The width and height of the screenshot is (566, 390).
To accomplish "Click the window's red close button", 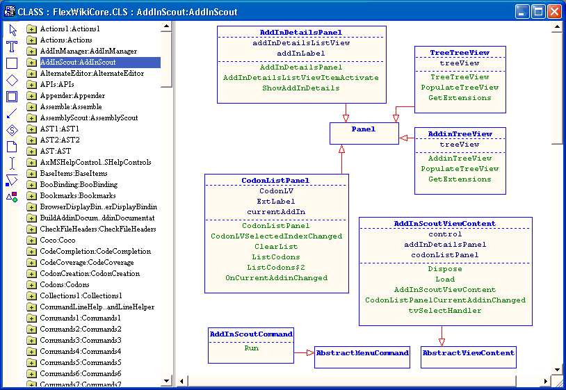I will [554, 11].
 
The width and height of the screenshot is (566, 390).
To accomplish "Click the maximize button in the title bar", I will [538, 11].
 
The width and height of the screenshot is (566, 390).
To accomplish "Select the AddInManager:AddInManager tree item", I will [88, 51].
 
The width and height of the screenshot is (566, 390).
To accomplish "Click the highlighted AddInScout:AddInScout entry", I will [77, 63].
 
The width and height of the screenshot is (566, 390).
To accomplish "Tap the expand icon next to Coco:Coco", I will [31, 241].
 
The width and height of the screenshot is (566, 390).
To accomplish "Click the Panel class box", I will [364, 129].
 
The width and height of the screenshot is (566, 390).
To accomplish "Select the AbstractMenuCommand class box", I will [362, 353].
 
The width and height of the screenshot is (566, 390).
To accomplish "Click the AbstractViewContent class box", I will [468, 353].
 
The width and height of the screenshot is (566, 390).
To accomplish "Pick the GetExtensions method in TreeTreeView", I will [460, 98].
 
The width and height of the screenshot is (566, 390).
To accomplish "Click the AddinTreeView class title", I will [460, 134].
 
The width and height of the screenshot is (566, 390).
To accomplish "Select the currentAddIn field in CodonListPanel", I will [276, 212].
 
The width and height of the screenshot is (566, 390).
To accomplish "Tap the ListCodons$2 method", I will [276, 268].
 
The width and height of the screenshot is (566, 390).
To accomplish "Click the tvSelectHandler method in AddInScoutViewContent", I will [445, 311].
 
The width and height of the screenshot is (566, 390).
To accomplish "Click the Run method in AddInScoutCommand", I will [251, 348].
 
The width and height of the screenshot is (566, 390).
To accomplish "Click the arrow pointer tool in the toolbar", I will [12, 30].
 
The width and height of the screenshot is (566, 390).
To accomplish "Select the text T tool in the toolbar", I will [12, 47].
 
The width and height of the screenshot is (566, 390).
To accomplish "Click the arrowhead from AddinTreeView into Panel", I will [403, 138].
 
